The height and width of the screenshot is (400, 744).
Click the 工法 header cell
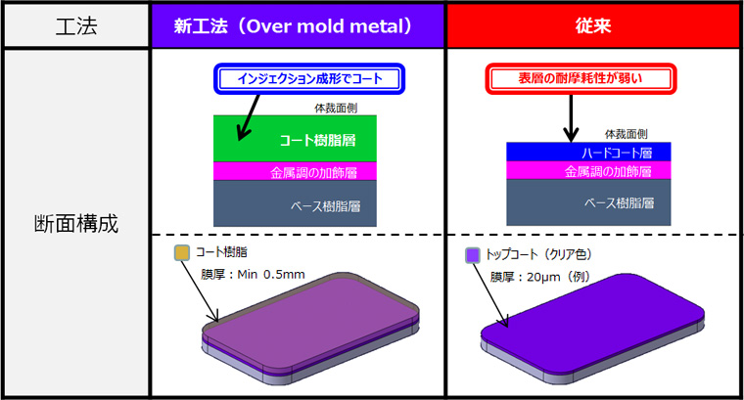[x=76, y=25]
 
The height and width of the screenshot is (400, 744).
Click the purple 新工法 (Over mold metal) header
[x=298, y=25]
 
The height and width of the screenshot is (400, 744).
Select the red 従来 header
[x=593, y=25]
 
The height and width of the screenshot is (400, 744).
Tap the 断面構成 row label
[x=76, y=223]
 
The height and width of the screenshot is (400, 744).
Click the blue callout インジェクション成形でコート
[x=309, y=78]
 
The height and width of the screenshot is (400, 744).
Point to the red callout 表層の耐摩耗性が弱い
[x=581, y=78]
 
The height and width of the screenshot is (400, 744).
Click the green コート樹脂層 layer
[x=295, y=139]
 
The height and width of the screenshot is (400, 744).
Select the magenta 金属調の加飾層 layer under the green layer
[x=295, y=171]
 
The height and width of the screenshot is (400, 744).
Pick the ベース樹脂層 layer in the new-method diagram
[x=295, y=203]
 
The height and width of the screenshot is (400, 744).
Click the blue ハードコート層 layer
[x=588, y=152]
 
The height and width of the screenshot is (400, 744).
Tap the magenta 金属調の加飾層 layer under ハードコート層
[x=588, y=170]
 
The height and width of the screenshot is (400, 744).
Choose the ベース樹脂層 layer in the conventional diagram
[x=588, y=202]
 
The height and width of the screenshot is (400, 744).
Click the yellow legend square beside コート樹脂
[x=182, y=252]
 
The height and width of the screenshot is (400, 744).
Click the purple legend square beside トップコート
[x=473, y=255]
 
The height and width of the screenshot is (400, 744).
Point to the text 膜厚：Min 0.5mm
[x=253, y=275]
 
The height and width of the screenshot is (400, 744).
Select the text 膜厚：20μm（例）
[x=540, y=277]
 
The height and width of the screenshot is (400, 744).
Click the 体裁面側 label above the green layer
[x=336, y=108]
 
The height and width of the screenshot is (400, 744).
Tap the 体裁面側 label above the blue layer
[x=627, y=135]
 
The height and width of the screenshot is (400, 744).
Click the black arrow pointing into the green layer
[x=248, y=117]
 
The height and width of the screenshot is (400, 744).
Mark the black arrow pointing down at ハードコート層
[x=571, y=118]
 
